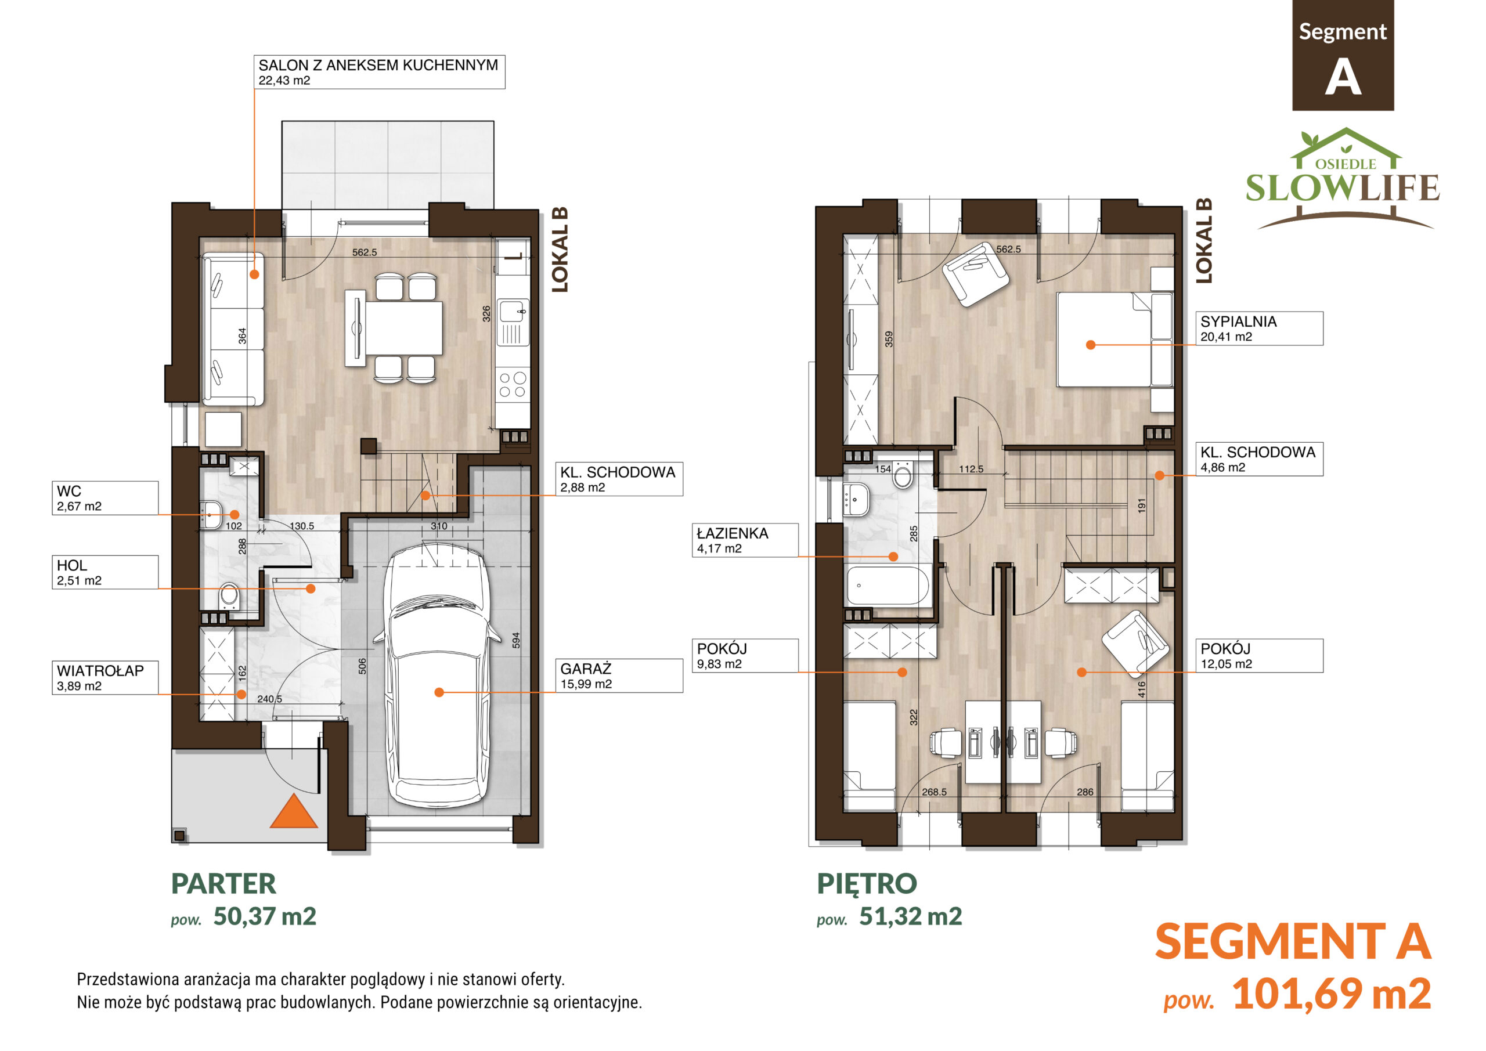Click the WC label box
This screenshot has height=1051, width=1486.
click(x=105, y=498)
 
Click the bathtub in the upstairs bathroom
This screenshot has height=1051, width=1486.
click(x=888, y=586)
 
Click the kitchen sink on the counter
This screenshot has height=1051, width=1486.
click(x=513, y=322)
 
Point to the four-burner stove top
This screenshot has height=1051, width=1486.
click(x=513, y=384)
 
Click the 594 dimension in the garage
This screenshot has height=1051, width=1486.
click(x=516, y=640)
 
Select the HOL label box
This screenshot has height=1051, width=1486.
click(x=105, y=572)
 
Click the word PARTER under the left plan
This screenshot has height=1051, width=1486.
click(x=223, y=883)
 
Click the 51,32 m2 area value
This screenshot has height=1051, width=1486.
click(x=911, y=916)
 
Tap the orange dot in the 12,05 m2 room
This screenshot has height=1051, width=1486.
click(x=1081, y=673)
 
